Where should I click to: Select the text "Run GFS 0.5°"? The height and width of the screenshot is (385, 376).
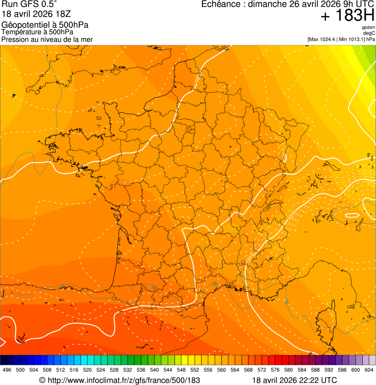tap(30, 5)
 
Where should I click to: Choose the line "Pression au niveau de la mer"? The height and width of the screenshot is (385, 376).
tap(47, 39)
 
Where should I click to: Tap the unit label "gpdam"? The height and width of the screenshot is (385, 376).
tap(368, 27)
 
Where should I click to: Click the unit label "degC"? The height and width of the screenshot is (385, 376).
tap(369, 33)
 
